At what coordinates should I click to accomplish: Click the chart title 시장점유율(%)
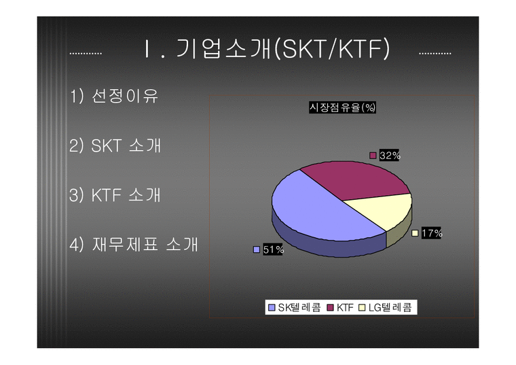click(342, 107)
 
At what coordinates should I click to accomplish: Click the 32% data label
click(389, 156)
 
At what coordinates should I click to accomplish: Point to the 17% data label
click(431, 233)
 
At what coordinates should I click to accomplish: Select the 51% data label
click(273, 249)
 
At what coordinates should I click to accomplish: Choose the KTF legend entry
click(344, 308)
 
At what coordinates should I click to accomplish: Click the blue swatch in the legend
click(272, 308)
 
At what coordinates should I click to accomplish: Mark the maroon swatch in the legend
click(330, 308)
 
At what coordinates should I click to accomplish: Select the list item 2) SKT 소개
click(115, 145)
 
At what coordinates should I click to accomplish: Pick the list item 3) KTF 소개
click(115, 195)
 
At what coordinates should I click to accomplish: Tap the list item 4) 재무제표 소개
click(134, 245)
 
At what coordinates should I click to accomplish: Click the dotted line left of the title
click(86, 53)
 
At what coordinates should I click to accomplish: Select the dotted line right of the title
click(435, 53)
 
